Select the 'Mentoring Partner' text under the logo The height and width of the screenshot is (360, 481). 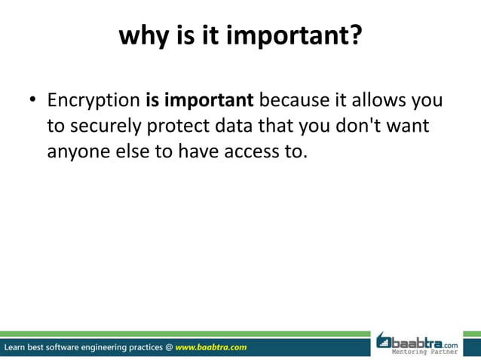(x=428, y=352)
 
